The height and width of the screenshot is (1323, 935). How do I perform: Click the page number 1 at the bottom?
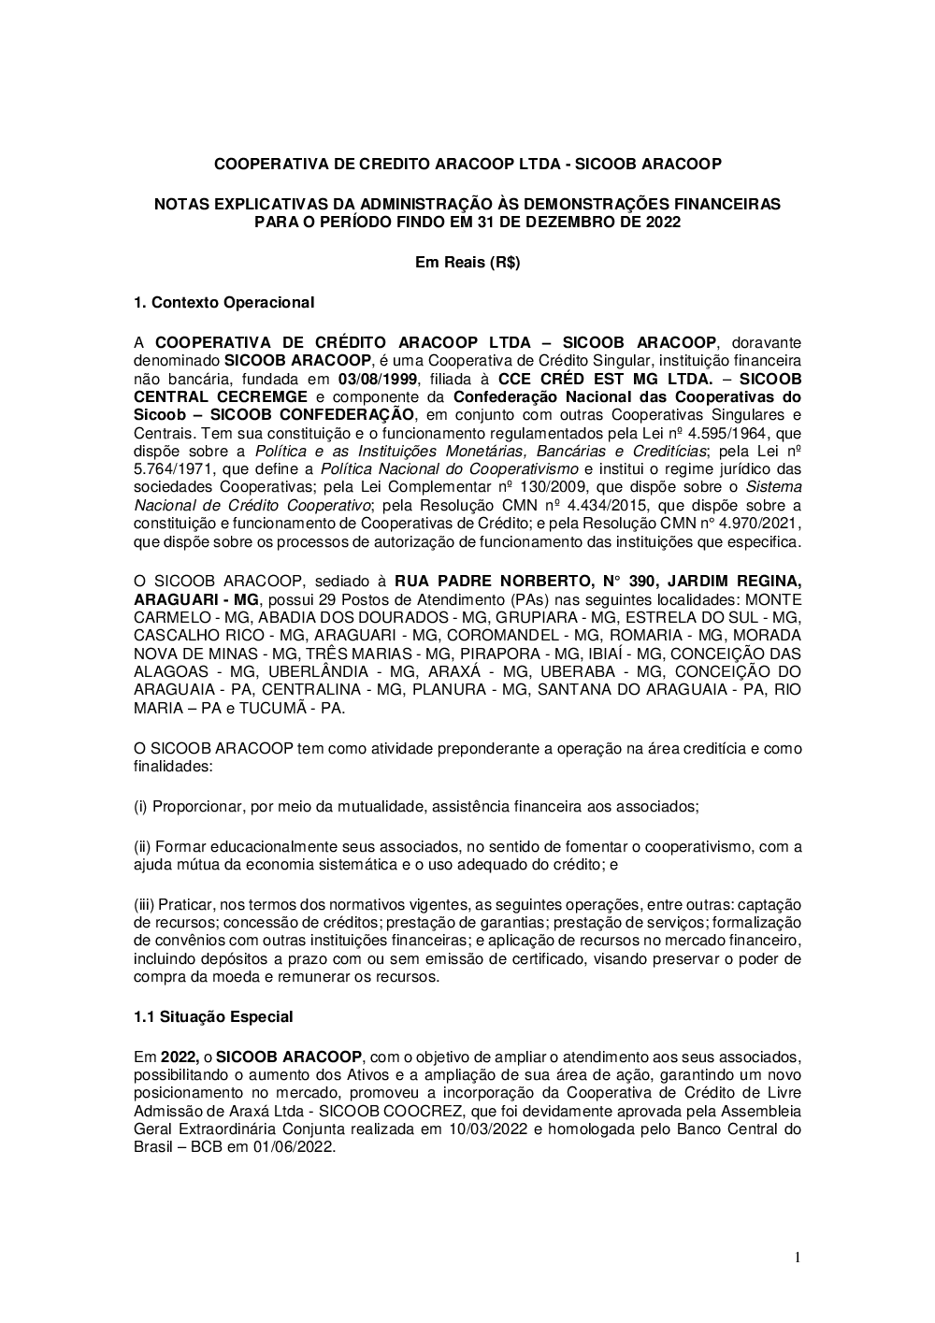coord(797,1258)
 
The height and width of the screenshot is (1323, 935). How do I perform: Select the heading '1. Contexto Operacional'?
coord(223,302)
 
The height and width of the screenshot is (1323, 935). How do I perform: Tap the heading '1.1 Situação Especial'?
coord(213,1016)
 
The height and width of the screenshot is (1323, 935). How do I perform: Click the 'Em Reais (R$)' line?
coord(467,263)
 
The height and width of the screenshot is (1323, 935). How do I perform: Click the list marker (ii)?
coord(142,846)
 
